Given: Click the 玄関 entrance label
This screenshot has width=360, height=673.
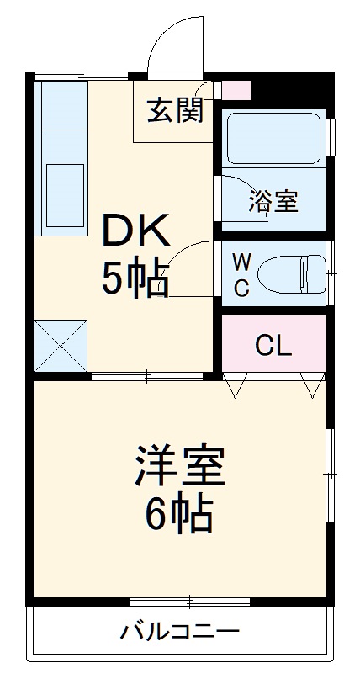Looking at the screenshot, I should coord(175,110).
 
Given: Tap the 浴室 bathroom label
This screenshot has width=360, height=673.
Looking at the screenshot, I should coord(273,202).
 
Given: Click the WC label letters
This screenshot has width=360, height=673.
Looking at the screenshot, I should coord(241,273).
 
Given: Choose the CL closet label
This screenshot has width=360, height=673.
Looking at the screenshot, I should coord(273,346).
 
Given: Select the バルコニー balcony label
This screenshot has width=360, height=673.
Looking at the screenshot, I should coord(179,631).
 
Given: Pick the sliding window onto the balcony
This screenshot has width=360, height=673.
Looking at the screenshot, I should coord(190,600).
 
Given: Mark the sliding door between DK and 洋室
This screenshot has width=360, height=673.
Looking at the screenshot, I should coord(147,375).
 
